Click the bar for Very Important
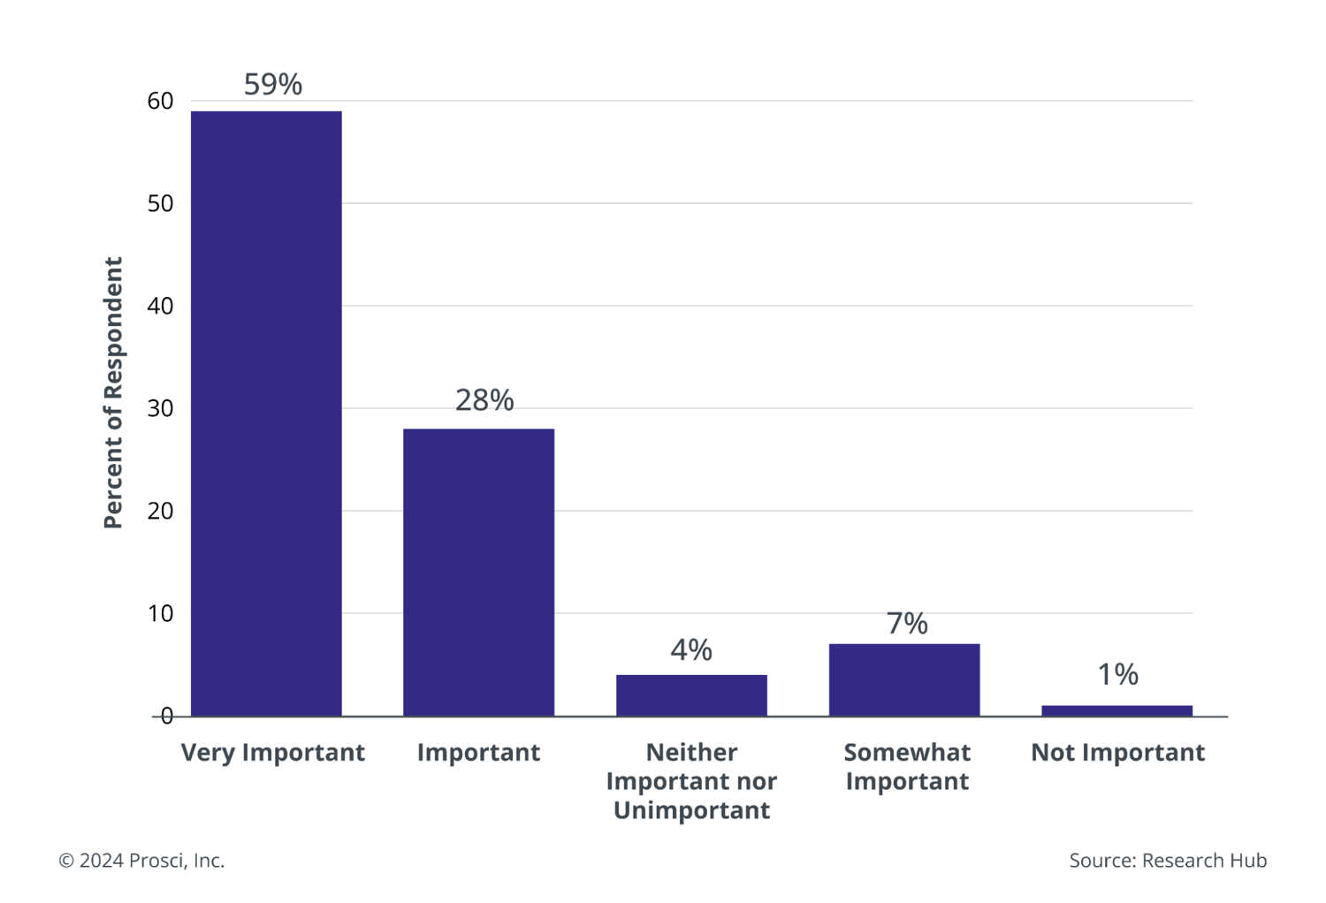(266, 414)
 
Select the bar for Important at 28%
(478, 572)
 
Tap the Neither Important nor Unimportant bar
(691, 695)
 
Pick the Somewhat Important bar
(904, 679)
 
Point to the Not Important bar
(1116, 710)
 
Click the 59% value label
(273, 85)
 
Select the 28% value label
(484, 400)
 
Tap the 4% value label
(691, 650)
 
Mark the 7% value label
(907, 624)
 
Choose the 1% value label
(1117, 675)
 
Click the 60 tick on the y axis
(160, 102)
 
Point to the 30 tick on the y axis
(160, 409)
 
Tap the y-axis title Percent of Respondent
(113, 393)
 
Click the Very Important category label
(272, 753)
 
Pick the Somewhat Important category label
(907, 767)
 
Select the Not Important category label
(1117, 753)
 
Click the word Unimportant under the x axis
(691, 811)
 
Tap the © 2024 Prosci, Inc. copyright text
(141, 861)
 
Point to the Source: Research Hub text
(1167, 861)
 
